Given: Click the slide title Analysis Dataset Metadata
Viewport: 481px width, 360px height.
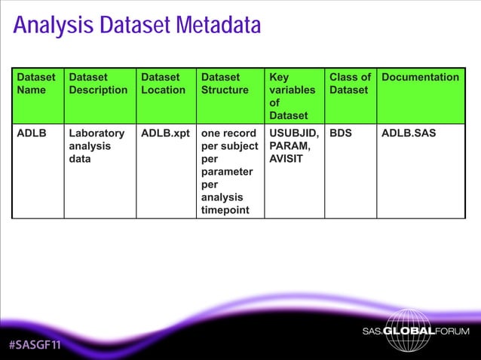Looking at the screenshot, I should tap(137, 26).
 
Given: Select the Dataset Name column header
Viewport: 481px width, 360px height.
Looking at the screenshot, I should tap(36, 84).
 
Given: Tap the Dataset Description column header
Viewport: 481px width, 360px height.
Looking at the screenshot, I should tap(98, 84).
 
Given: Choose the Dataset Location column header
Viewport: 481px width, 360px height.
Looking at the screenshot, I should tap(163, 84).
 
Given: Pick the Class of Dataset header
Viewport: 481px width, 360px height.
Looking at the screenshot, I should tap(350, 84).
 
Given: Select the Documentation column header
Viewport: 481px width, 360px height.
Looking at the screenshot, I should tap(420, 78).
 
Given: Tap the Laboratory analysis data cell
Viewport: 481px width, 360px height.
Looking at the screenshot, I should tap(97, 147).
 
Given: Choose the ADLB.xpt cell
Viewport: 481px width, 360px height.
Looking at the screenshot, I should tap(165, 134).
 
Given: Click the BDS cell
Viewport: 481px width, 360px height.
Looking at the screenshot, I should tap(341, 134).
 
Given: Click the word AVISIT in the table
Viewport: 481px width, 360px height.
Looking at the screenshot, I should tap(288, 160).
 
